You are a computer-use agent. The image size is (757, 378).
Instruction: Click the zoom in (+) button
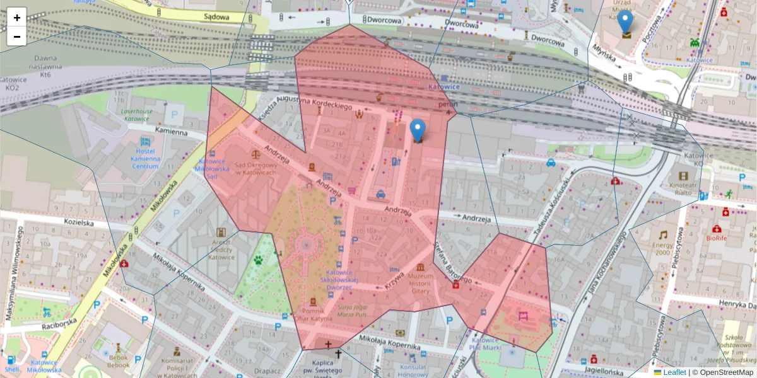17,18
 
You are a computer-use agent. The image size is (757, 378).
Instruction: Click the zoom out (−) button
17,37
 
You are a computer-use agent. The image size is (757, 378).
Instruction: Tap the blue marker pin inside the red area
417,130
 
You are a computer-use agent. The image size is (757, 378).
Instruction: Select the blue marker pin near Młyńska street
625,22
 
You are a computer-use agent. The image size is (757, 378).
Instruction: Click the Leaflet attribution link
674,372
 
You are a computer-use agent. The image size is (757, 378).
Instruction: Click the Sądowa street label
216,17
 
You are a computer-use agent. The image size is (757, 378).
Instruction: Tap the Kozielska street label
79,223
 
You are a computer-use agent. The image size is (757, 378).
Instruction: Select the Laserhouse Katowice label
136,115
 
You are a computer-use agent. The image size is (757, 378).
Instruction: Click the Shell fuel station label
11,369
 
